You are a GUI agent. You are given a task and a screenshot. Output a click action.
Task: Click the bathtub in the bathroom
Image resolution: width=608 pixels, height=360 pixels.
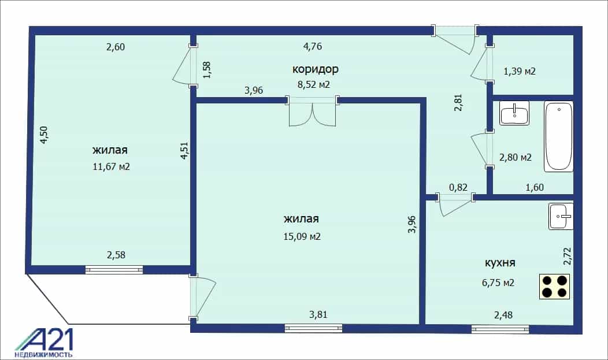pos(558,136)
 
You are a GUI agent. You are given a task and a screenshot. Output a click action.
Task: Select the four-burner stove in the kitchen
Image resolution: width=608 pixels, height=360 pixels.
pos(554,287)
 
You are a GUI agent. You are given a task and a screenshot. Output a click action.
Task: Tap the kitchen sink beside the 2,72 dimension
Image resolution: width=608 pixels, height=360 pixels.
pos(561,216)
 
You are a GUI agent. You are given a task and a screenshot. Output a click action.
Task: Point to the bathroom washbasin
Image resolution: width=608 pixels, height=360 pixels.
pos(514,113)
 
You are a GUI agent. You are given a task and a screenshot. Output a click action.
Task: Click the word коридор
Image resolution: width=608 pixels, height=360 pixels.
pos(315,69)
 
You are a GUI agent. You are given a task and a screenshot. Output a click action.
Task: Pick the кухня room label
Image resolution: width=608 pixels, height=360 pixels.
pos(500,263)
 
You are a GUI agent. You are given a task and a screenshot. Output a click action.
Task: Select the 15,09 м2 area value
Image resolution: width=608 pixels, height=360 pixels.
pos(302,236)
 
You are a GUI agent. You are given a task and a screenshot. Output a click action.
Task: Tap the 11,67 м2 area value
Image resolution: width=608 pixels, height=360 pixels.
pos(112,166)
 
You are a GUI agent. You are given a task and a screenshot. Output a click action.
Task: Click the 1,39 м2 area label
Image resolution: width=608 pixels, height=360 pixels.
pos(520,71)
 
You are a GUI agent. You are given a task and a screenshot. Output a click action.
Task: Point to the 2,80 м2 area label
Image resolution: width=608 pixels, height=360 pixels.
pos(516,157)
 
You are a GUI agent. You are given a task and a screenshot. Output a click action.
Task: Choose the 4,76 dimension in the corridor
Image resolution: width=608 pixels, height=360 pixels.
pos(313,46)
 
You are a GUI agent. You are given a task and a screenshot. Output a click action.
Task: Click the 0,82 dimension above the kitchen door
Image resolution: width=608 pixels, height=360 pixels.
pos(458,188)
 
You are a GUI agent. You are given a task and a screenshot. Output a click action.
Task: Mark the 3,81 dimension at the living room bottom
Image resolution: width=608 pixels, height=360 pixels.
pos(318,314)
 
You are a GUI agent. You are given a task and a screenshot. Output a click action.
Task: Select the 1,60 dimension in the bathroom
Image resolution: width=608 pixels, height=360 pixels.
pos(535,188)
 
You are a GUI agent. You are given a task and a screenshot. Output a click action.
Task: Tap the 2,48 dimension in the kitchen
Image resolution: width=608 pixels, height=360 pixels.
pos(503,315)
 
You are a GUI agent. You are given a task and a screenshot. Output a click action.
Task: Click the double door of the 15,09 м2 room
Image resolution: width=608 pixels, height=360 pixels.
pos(313,111)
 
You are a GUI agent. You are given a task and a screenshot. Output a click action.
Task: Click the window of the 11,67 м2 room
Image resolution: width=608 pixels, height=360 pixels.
pos(114,270)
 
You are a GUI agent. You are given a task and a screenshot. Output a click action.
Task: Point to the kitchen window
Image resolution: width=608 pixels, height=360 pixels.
pos(500,329)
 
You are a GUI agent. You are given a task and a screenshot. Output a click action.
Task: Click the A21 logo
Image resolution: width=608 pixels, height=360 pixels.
pos(44,343)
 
